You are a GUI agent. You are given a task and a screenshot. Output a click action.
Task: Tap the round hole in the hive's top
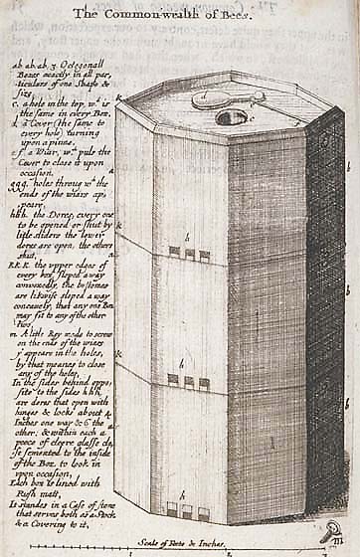(x=231, y=117)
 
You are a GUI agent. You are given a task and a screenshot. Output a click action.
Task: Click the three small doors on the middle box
(x=188, y=381)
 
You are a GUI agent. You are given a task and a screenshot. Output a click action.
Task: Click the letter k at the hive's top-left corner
(x=118, y=97)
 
